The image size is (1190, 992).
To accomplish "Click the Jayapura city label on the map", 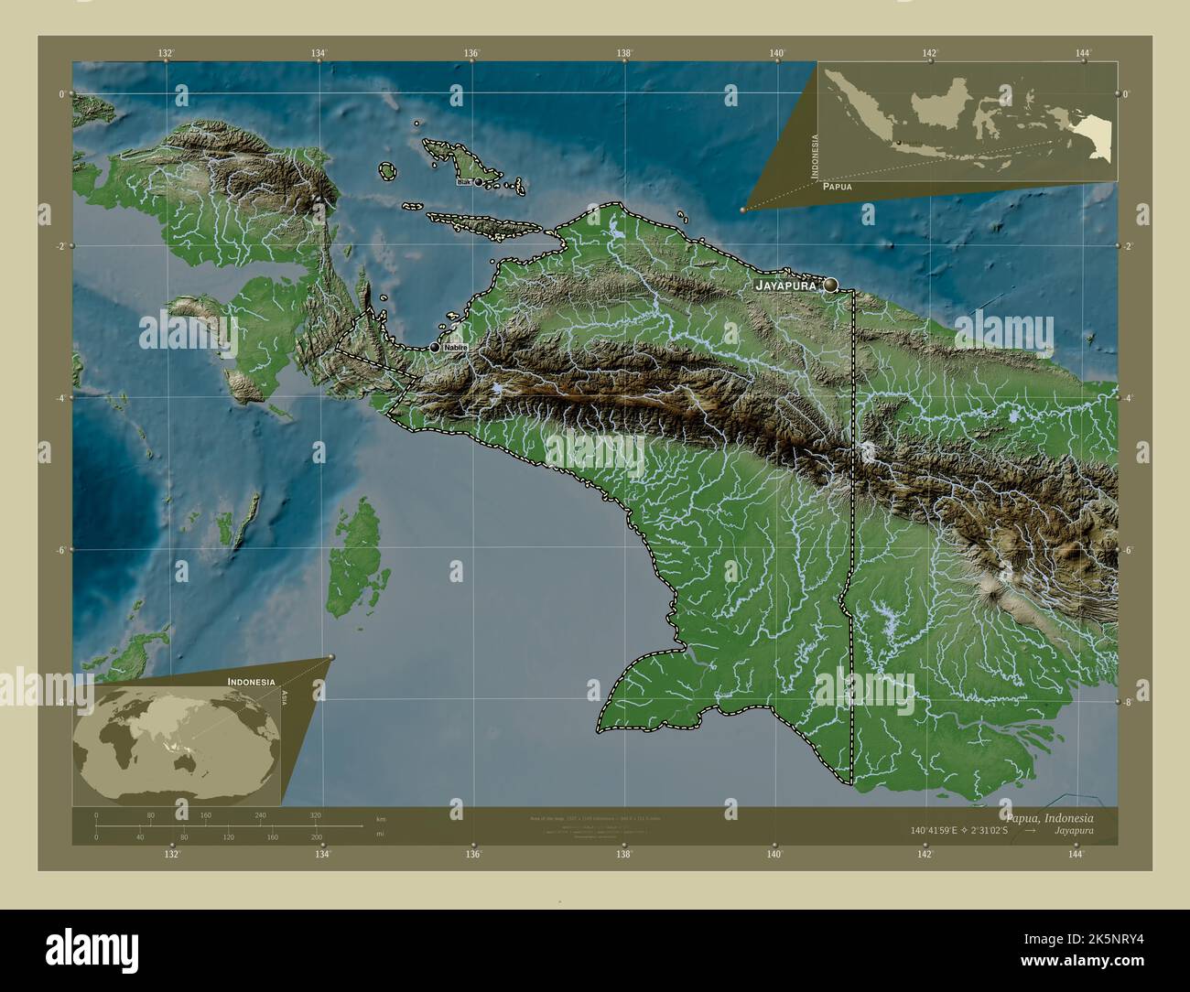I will (x=785, y=286).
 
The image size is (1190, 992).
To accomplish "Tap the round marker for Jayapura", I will (x=830, y=286).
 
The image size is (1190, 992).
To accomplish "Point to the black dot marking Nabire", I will (x=435, y=348).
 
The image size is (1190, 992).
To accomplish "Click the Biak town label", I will (x=463, y=182).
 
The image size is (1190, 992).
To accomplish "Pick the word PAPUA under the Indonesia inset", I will (x=837, y=187).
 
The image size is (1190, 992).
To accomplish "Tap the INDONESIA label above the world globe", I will (x=252, y=683).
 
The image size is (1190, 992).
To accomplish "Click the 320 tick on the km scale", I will (x=316, y=815).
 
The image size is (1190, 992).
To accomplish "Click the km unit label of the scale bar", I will (x=381, y=818).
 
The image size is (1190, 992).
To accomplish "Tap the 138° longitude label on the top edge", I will (x=624, y=54).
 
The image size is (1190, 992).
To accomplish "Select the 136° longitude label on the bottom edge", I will (x=472, y=855).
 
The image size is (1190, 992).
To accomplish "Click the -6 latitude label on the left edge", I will (x=60, y=550).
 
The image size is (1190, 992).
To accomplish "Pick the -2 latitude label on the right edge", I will (x=1130, y=246).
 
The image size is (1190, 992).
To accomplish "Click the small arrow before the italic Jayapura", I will (x=1031, y=831).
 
